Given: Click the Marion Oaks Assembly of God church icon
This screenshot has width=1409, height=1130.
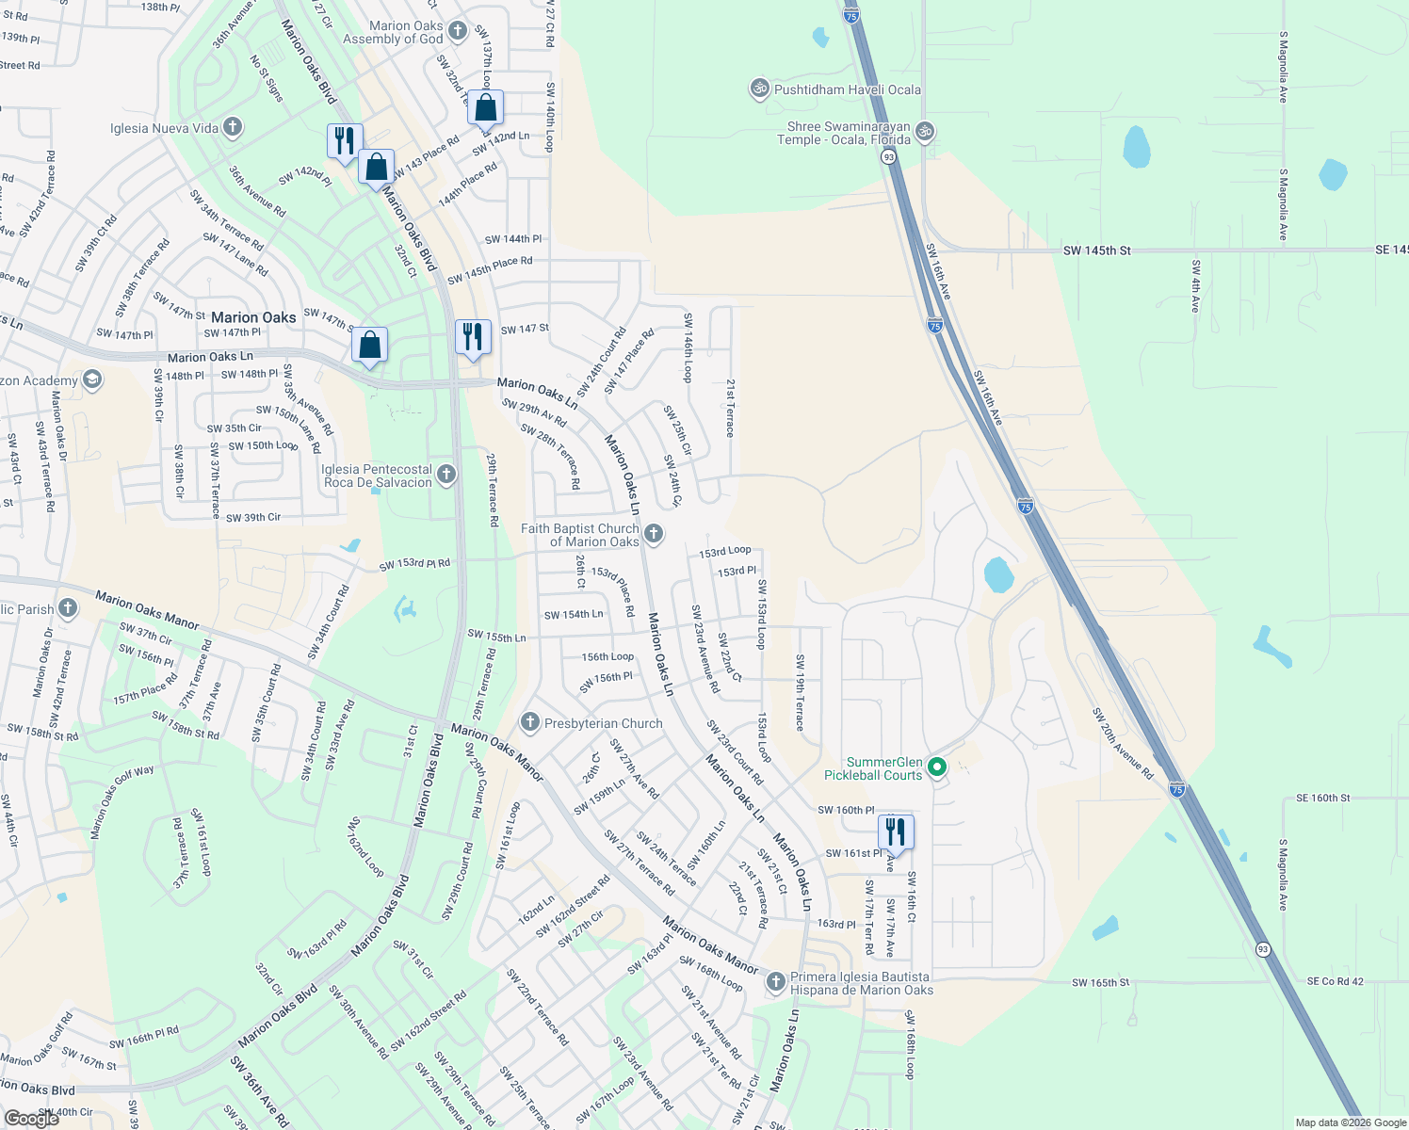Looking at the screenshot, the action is (458, 31).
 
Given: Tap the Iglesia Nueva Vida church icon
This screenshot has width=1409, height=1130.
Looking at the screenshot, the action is (233, 127).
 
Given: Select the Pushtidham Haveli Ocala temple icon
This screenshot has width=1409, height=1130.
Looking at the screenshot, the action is (759, 89).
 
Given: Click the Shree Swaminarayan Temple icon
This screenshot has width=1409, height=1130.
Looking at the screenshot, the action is (925, 131).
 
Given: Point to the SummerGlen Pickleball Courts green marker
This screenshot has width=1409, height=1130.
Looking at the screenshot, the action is (936, 767).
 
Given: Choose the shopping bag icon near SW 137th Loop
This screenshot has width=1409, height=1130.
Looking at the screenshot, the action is (485, 108).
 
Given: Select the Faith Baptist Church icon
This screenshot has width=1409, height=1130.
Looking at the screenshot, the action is (653, 534).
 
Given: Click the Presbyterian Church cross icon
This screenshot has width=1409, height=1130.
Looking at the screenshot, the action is (529, 722).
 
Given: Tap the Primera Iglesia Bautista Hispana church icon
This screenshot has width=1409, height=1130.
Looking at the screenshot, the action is (775, 982).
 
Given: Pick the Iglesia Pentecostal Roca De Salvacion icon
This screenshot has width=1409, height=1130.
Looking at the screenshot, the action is (446, 474).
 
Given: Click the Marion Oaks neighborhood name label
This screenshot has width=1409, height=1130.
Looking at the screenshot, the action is (253, 317).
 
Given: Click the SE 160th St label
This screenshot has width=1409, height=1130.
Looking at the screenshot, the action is (1322, 798).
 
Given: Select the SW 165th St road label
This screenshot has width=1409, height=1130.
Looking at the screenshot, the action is (1100, 982).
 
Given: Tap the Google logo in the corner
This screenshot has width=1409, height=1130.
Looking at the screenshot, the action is (31, 1118).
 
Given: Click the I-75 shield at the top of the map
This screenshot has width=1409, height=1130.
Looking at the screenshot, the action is (851, 16).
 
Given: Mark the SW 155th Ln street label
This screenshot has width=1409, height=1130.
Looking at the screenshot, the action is (496, 636).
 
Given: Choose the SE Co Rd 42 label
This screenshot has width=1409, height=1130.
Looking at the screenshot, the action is (1335, 981).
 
